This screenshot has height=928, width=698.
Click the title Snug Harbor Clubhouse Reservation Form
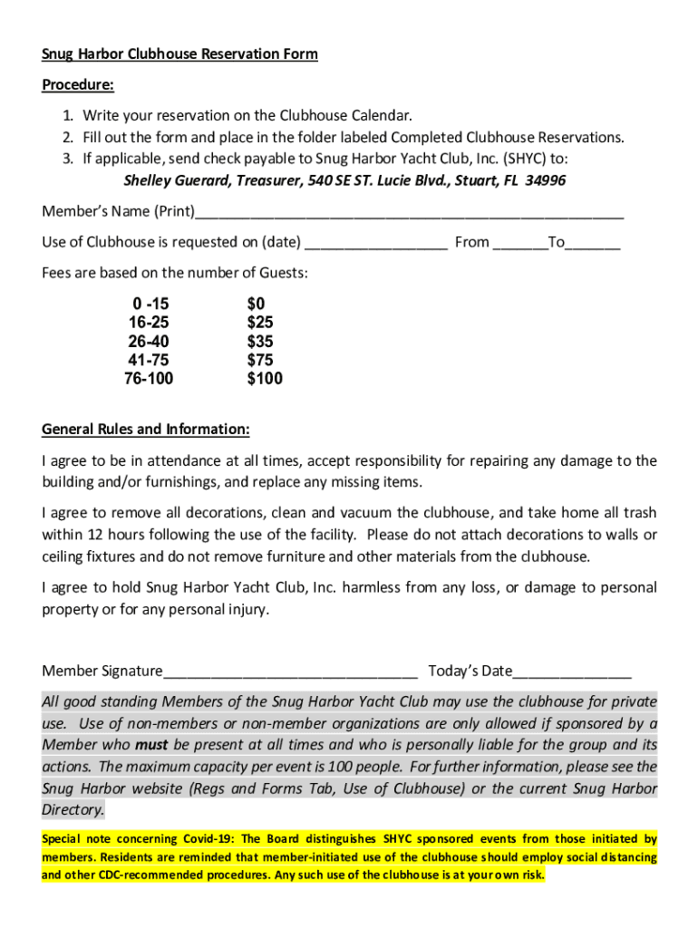(x=179, y=53)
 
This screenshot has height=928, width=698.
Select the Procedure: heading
(x=78, y=85)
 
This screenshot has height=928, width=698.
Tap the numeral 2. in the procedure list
(x=68, y=137)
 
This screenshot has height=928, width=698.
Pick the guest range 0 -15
(x=150, y=304)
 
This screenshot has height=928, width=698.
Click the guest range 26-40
(x=149, y=342)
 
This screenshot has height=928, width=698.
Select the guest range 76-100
(x=149, y=379)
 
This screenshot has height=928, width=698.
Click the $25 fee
(x=260, y=323)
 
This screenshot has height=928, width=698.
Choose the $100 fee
(x=265, y=379)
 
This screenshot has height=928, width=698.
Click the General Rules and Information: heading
(x=146, y=429)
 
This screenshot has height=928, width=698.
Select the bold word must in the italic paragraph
(x=151, y=745)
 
